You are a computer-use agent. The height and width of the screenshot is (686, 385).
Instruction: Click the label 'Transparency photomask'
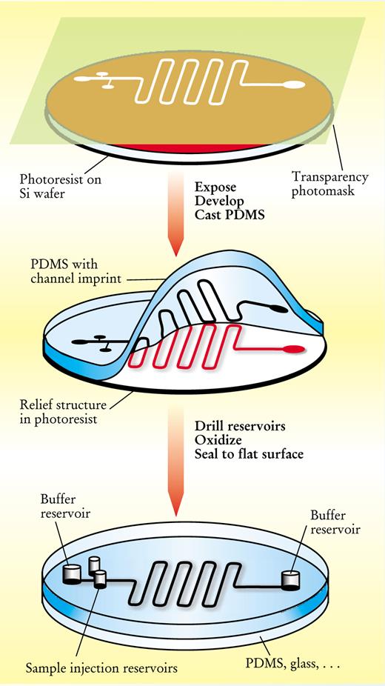tap(330, 184)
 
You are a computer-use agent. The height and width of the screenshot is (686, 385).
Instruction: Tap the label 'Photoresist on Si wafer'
tap(60, 185)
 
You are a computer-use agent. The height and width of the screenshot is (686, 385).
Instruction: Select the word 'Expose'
tap(215, 187)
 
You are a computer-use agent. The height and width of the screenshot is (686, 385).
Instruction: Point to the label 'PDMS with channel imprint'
tap(76, 271)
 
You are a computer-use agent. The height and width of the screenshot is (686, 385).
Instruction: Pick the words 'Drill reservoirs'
tap(240, 426)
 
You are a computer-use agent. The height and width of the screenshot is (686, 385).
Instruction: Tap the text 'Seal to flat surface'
tap(249, 453)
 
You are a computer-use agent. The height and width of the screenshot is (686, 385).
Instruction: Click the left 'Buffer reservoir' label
tap(65, 506)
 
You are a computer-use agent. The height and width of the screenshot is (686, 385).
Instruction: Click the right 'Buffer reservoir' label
tap(335, 522)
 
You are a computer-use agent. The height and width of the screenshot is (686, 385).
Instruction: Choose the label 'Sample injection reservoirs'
tap(101, 668)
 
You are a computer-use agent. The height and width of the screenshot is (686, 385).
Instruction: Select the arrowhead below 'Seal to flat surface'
tap(175, 506)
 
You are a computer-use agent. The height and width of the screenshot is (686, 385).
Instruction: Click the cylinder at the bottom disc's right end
tap(289, 580)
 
